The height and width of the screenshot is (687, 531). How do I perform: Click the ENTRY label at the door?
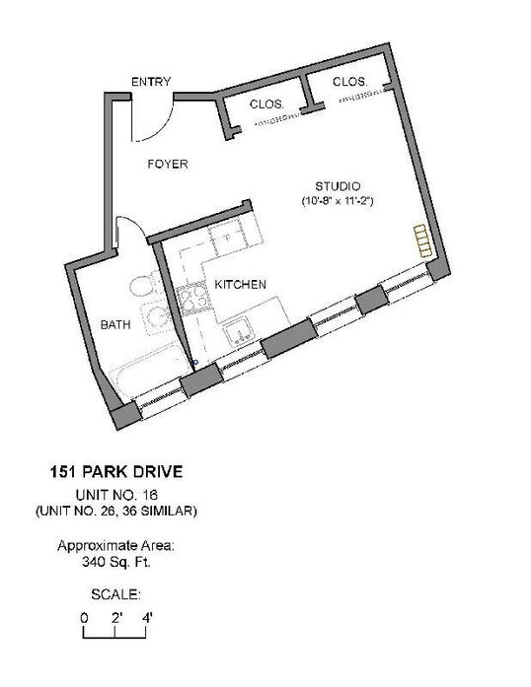151,82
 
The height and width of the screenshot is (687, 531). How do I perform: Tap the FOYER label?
168,164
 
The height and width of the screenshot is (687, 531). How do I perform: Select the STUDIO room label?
338,186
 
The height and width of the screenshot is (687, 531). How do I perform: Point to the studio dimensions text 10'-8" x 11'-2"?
338,201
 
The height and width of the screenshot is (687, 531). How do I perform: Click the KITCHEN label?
240,284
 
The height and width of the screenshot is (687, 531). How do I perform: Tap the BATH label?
115,324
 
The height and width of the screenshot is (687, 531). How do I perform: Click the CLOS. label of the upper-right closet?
349,82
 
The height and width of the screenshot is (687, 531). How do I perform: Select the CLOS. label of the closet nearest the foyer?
266,104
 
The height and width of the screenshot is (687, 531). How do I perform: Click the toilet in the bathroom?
143,285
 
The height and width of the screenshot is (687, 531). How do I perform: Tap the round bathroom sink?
156,315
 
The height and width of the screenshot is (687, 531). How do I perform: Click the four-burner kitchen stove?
192,300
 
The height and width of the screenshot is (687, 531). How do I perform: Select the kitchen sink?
238,333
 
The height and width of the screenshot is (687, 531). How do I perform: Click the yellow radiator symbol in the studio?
423,240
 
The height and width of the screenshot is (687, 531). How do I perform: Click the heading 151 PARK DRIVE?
115,472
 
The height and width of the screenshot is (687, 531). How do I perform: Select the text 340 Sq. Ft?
116,562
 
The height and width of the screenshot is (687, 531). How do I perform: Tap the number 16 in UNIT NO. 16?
151,495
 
